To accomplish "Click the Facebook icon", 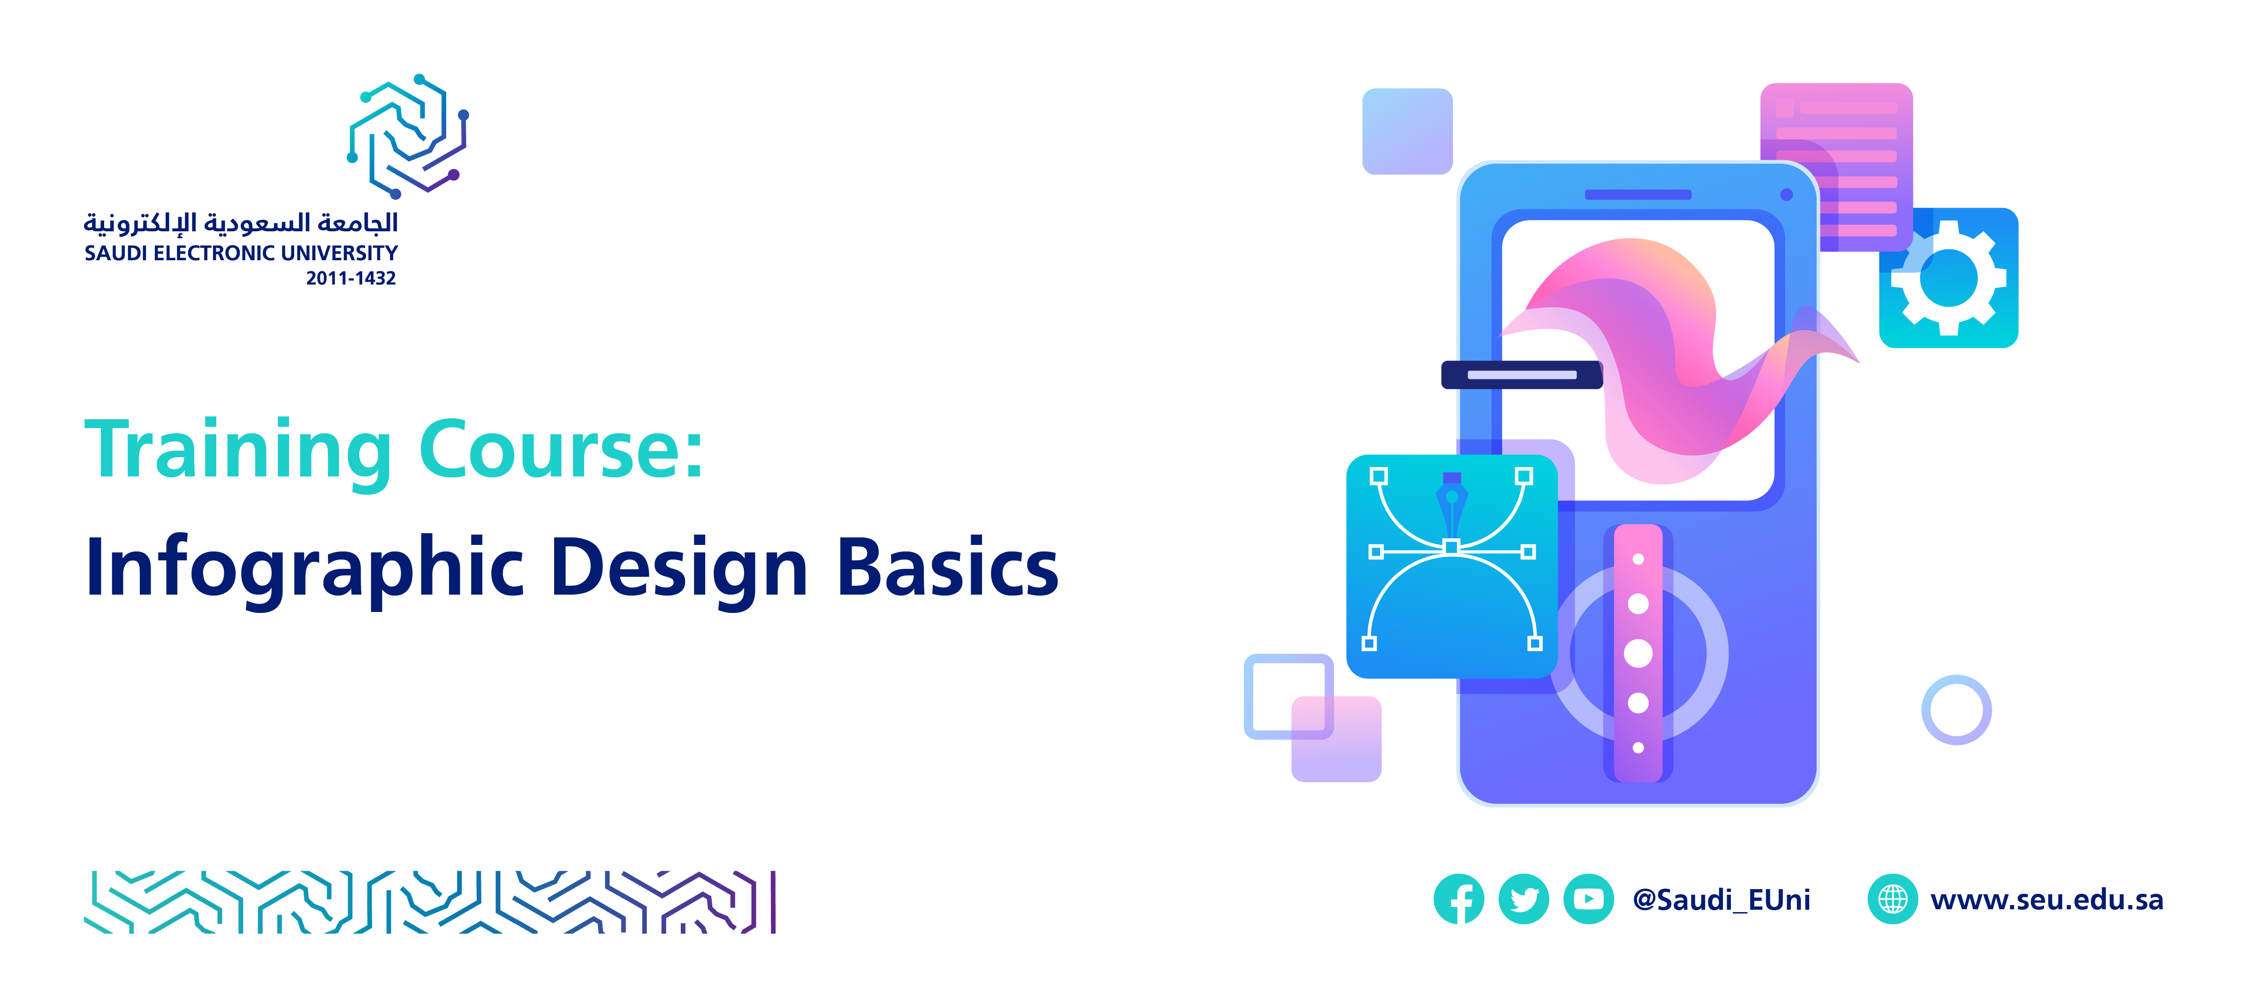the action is click(x=1458, y=898).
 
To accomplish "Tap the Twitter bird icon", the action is click(x=1524, y=898).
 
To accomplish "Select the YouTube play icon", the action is click(x=1588, y=898).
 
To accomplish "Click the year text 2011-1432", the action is click(x=350, y=278).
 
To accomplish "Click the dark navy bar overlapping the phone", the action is click(x=1521, y=375).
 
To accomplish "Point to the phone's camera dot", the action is click(x=1786, y=195).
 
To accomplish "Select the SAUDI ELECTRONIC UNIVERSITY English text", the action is click(x=241, y=253).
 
